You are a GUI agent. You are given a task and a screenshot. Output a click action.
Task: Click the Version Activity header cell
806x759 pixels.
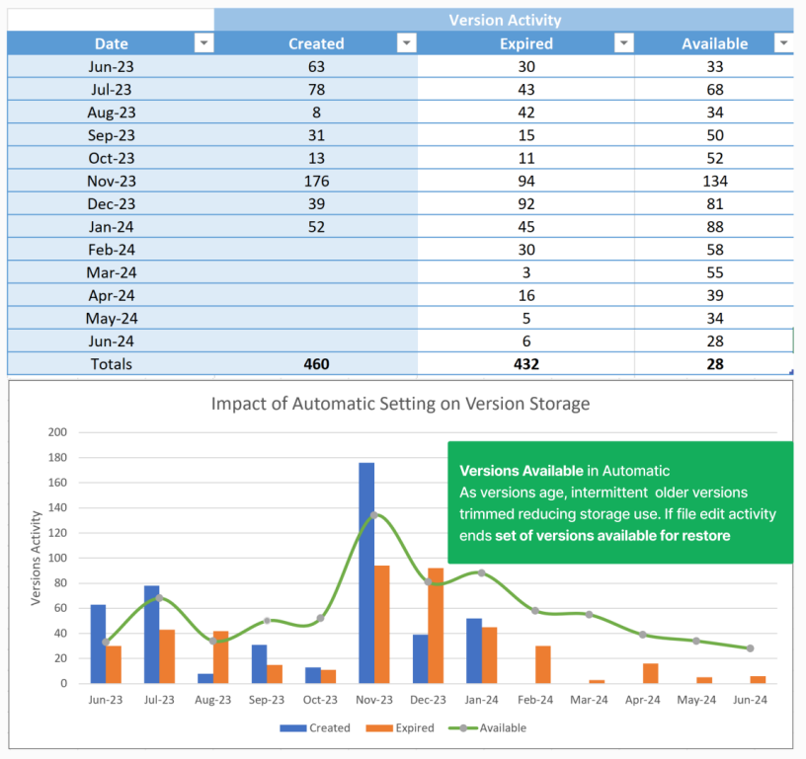[x=504, y=20]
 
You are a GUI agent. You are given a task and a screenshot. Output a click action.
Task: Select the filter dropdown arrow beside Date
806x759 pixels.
[x=203, y=43]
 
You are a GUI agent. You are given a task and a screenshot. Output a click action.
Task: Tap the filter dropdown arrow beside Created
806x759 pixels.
[x=406, y=43]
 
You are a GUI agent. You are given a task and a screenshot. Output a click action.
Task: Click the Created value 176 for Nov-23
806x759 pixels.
[x=316, y=181]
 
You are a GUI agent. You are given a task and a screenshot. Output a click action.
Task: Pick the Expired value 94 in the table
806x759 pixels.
[x=525, y=181]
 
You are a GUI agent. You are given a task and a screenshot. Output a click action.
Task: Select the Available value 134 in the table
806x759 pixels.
[x=715, y=181]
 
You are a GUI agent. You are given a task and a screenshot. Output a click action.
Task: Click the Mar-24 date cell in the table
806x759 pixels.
[x=111, y=272]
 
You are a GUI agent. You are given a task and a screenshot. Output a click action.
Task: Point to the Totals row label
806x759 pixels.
[x=111, y=363]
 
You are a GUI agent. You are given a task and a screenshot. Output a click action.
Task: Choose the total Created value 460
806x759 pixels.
[x=316, y=363]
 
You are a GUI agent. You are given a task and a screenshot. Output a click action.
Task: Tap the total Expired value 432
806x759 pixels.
[x=525, y=363]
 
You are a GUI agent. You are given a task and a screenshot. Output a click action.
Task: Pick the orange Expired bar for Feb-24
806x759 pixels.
[x=543, y=664]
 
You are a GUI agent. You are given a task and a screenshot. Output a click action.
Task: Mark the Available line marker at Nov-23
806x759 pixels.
[x=374, y=515]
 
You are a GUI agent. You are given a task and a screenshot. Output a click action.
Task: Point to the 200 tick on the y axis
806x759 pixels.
[x=57, y=432]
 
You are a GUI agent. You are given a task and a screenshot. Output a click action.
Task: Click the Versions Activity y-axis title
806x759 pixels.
[x=37, y=558]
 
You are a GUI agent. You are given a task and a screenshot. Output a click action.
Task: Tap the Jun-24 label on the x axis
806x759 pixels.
[x=749, y=700]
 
